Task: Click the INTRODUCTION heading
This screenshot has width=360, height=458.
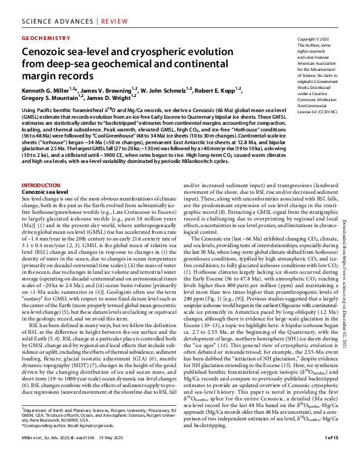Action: click(41, 185)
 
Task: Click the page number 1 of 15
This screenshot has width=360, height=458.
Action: click(332, 453)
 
